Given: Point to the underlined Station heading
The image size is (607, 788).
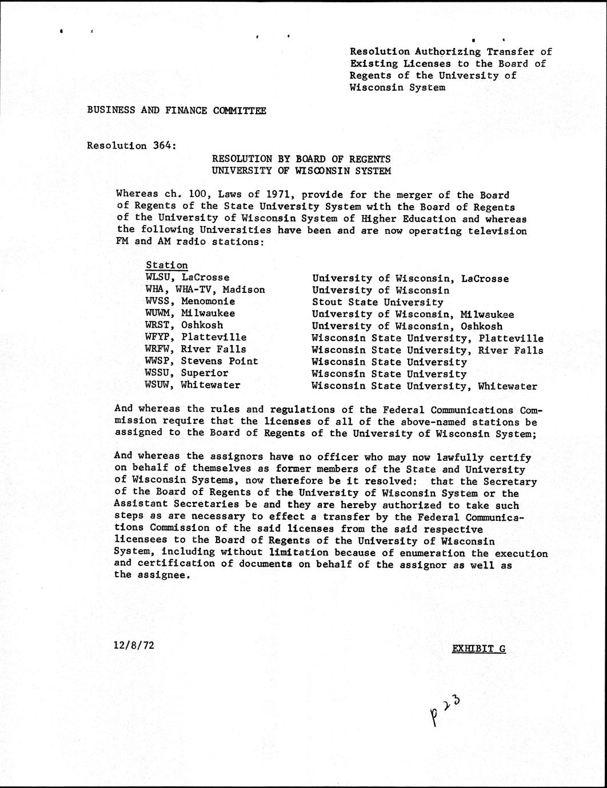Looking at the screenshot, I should coord(166,265).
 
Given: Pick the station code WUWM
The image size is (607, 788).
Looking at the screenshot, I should coord(159,313).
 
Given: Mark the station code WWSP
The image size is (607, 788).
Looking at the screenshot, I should coord(159,361).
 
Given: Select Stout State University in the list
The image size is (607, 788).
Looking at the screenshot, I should coord(377,302).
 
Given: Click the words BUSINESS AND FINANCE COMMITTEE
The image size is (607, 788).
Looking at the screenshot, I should coord(176,110).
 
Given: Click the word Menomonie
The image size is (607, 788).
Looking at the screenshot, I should coord(208,301).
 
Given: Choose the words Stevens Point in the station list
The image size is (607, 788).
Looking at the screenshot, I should coord(219,361).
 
